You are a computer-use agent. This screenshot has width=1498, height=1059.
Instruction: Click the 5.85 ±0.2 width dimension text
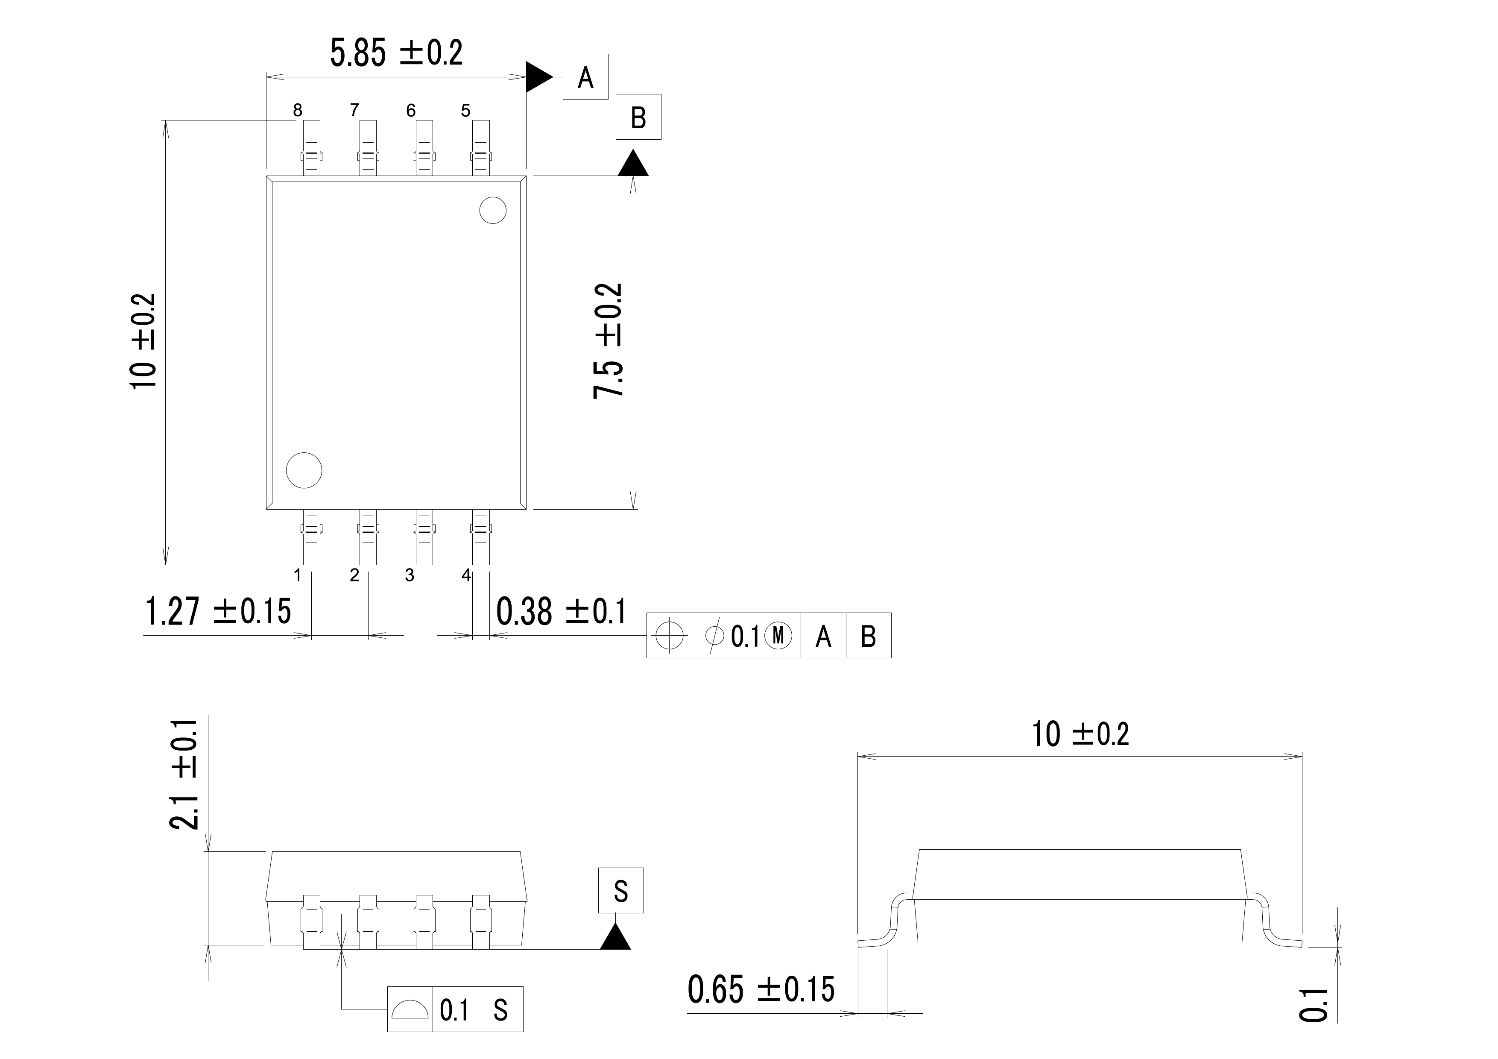coord(396,53)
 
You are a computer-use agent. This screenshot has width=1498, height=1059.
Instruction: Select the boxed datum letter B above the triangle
coord(638,117)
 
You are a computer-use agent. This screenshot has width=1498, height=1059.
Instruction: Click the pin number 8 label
coord(298,110)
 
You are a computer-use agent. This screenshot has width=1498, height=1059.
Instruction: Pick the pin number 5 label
coord(465,110)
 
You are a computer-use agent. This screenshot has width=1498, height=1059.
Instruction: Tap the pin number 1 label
coord(298,575)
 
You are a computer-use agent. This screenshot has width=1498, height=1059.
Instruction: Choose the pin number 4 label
coord(466,575)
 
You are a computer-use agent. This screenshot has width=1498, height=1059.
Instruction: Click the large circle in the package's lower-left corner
coord(304,470)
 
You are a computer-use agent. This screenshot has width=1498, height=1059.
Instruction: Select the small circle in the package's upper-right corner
coord(493,210)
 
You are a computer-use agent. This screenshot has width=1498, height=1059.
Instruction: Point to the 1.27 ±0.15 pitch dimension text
coord(217,611)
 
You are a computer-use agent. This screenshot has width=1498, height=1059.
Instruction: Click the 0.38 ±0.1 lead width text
coord(560,611)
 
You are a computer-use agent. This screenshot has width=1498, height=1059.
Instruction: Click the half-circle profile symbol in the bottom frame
coord(410,1009)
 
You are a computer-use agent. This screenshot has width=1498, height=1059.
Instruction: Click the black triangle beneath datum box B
coord(633,164)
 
